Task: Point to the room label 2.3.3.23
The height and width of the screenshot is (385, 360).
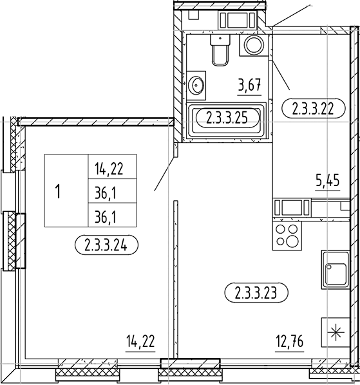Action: tap(256, 292)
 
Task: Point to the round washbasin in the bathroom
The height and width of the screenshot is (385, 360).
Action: tap(197, 84)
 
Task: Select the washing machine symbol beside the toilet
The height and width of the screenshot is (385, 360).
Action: tap(253, 46)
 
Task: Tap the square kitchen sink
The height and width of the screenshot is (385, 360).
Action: tap(334, 270)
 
